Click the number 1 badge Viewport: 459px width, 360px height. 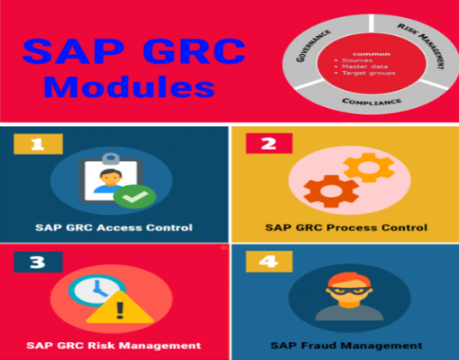[36, 144]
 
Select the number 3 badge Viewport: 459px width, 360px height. [36, 261]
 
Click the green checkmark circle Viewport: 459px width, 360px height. [135, 196]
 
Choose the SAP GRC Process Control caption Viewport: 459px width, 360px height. [344, 228]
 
